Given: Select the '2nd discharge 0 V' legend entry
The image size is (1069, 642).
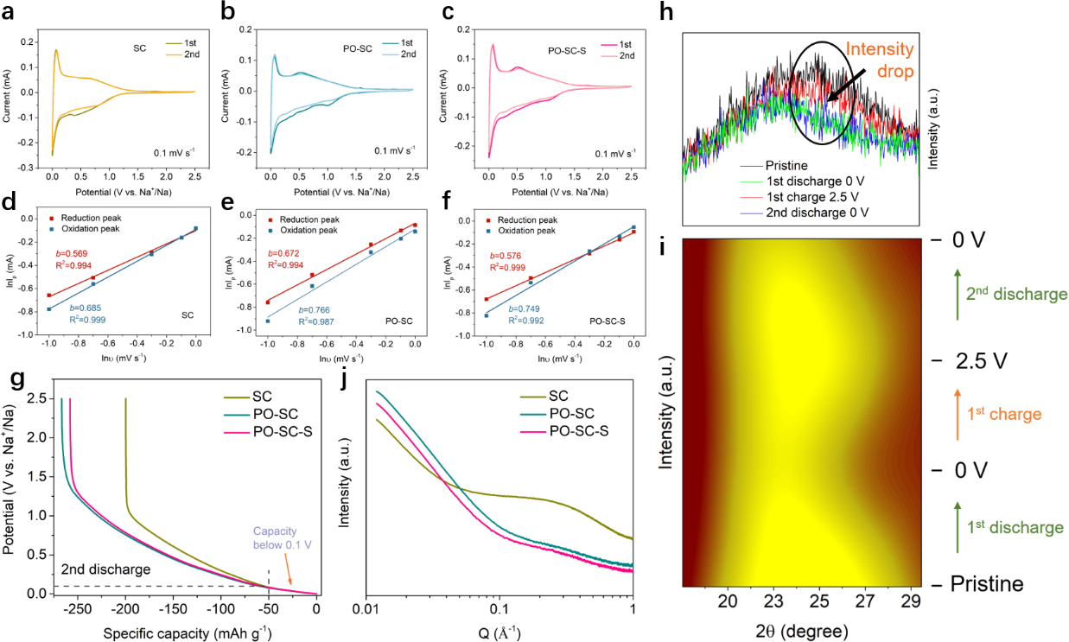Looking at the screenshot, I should click(818, 212).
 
